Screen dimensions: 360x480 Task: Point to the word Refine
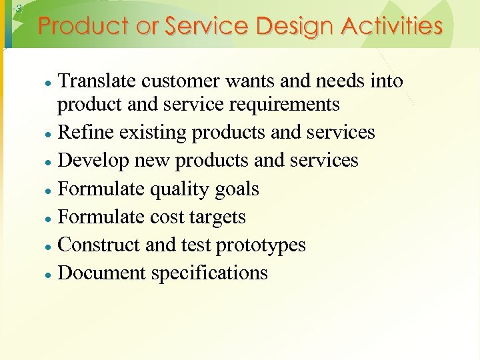[x=79, y=133]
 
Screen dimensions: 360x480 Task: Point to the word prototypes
[x=261, y=245]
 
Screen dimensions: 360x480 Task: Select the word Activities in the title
[x=393, y=27]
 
